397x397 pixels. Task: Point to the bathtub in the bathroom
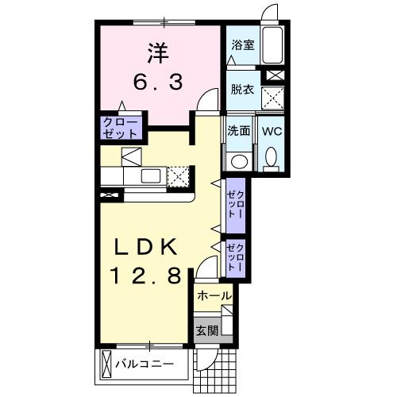273,48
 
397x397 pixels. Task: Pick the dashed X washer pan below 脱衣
275,98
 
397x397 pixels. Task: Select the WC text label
271,130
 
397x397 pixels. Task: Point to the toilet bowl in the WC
271,157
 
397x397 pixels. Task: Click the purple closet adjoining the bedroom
121,128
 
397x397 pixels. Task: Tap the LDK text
147,247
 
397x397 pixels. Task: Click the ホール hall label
214,296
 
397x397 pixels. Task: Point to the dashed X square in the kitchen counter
179,175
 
